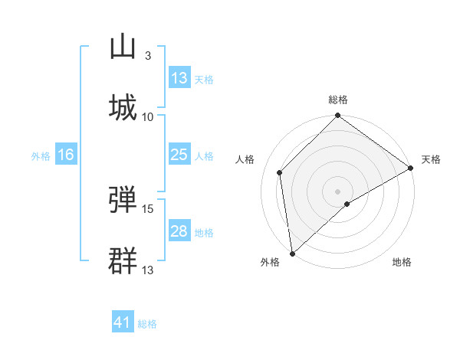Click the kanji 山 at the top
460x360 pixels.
pos(123,47)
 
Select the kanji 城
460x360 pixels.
pos(123,106)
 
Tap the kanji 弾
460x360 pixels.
pos(123,200)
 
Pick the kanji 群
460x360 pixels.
pos(123,260)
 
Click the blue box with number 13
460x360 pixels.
pos(179,78)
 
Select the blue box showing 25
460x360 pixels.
pos(179,155)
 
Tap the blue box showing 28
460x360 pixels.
pos(179,231)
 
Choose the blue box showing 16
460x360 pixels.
pos(66,155)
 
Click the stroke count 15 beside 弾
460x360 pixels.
pos(148,208)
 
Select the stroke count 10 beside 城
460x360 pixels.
pos(148,116)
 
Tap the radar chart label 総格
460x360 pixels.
pos(338,100)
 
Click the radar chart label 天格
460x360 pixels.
pos(431,159)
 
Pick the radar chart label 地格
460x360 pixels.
pos(402,262)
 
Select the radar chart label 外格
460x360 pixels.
pos(270,262)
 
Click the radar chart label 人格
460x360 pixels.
pos(245,159)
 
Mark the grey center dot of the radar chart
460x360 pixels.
pos(338,191)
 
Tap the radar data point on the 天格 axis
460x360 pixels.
pos(411,168)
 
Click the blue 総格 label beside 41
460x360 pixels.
pos(147,324)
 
